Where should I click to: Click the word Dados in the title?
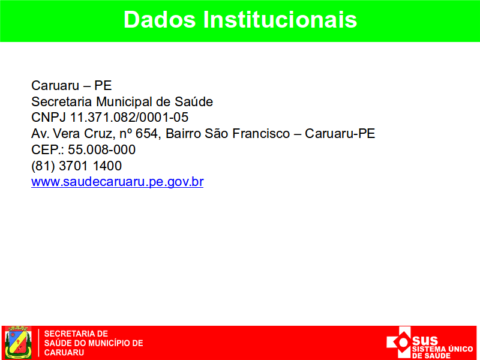click(160, 20)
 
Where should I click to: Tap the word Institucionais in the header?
click(280, 20)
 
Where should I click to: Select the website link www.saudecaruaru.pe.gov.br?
click(117, 182)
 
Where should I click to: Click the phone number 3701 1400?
click(91, 166)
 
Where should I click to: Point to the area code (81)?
click(43, 166)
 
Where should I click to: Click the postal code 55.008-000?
click(101, 149)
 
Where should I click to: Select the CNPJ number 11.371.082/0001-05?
click(129, 118)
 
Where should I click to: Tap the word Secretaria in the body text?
click(62, 101)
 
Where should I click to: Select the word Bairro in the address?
click(183, 133)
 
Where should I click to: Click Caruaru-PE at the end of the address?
click(340, 133)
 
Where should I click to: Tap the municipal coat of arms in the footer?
click(19, 342)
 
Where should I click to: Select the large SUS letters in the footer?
click(425, 340)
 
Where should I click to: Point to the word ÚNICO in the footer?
click(460, 349)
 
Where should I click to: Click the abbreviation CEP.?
click(48, 149)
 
